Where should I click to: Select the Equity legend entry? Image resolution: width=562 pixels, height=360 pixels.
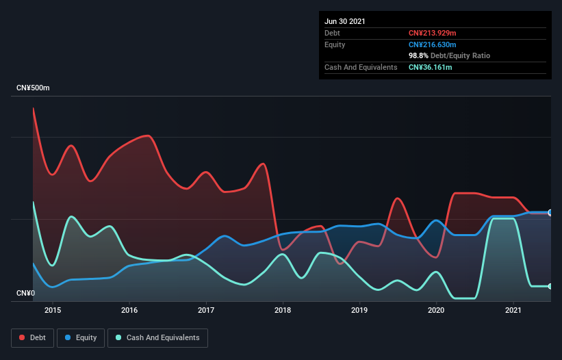(x=81, y=337)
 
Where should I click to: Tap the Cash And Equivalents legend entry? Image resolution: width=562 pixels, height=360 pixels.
(x=157, y=337)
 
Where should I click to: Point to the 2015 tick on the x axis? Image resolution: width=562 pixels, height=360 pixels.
(x=53, y=310)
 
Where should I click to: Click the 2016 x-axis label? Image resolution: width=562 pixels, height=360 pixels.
(x=129, y=310)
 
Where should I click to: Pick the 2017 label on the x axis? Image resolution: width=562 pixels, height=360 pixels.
(x=206, y=310)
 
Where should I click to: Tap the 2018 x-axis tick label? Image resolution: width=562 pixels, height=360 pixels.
(x=283, y=310)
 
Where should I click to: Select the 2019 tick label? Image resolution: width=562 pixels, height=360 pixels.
(x=359, y=310)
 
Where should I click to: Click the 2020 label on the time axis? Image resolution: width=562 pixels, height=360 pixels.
(x=436, y=310)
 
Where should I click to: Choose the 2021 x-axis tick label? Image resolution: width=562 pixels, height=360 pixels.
(x=513, y=310)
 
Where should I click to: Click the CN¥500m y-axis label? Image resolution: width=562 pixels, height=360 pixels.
(x=33, y=88)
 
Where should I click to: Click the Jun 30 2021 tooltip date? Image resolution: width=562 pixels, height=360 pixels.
(x=345, y=21)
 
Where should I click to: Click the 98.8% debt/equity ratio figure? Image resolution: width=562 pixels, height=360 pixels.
(x=420, y=55)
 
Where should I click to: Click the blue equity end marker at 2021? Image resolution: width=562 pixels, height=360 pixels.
(x=550, y=213)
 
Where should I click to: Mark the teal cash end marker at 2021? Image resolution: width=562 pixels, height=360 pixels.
(x=550, y=286)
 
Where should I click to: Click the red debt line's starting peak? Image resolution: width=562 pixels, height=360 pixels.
(x=33, y=108)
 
